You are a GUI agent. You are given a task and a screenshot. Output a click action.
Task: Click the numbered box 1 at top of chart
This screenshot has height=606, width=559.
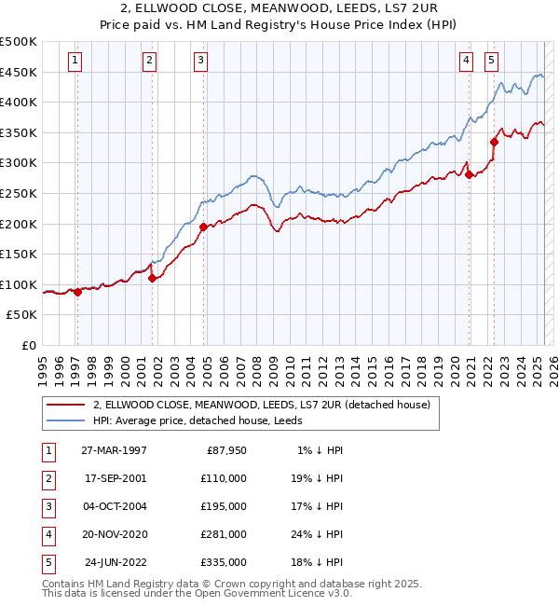point(74,62)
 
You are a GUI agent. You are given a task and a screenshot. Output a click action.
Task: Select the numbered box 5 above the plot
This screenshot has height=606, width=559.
point(491,62)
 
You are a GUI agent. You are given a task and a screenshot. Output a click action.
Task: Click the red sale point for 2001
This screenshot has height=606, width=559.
point(152,278)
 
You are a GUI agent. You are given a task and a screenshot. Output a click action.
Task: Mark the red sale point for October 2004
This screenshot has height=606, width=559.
point(202,227)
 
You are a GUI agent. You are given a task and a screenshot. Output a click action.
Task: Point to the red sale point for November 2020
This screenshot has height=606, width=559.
point(469,174)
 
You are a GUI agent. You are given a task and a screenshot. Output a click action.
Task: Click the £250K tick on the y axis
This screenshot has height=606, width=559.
point(20,193)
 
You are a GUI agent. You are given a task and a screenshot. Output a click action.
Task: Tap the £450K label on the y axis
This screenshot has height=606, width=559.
point(20,72)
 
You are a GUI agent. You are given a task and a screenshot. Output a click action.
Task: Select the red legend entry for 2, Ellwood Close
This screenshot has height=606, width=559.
point(261,405)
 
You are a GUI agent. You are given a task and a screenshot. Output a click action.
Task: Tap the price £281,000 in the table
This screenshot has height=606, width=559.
point(225,534)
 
